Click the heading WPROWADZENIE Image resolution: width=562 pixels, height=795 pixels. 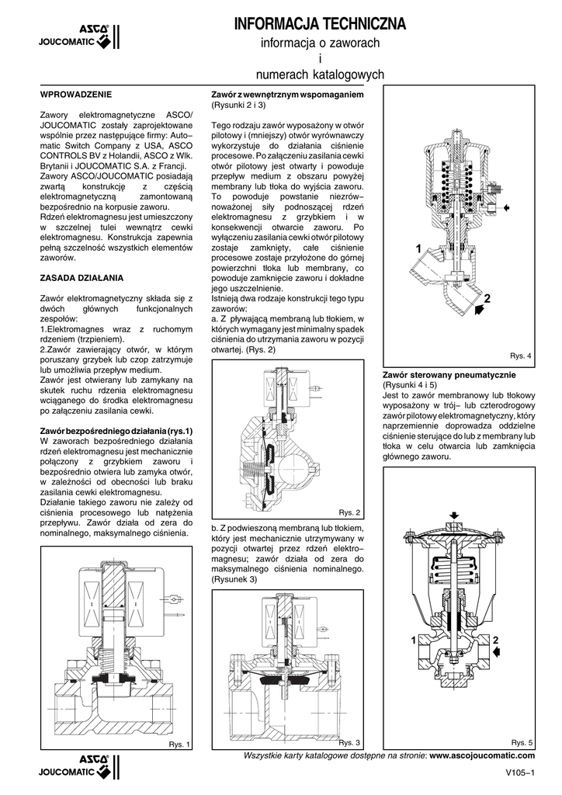tap(75, 94)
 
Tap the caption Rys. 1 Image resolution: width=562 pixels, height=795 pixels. tap(179, 745)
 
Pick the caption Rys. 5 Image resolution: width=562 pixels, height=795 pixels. tap(522, 743)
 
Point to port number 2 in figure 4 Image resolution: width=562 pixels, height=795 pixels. tap(487, 298)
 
